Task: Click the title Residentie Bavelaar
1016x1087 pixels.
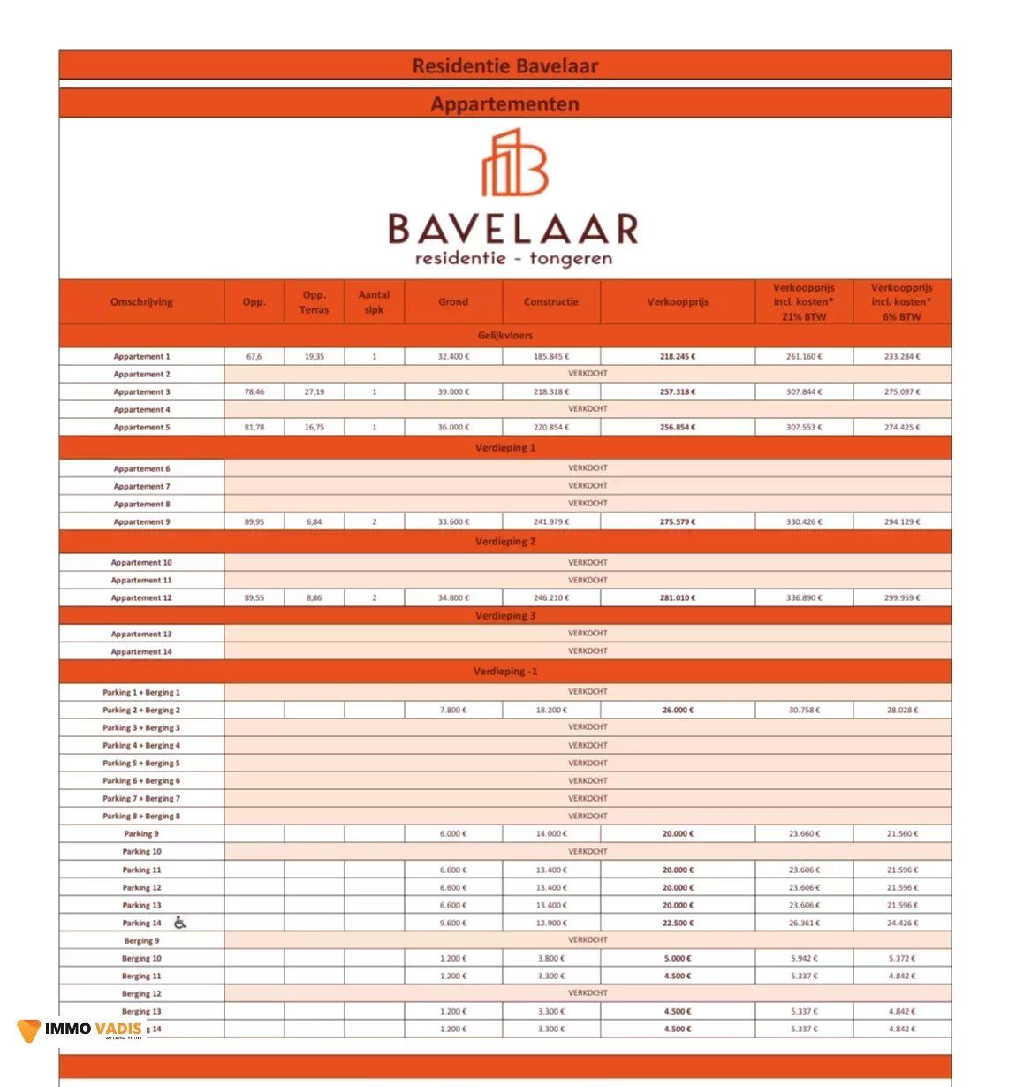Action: pos(504,66)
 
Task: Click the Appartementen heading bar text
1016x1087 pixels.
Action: pos(504,104)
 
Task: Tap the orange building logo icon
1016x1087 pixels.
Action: pos(514,163)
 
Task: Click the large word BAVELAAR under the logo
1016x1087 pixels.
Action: pos(512,229)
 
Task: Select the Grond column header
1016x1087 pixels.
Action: pos(453,302)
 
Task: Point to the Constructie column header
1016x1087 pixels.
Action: pos(550,302)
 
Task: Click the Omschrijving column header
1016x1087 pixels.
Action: pos(141,302)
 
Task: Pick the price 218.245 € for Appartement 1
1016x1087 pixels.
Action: pos(678,357)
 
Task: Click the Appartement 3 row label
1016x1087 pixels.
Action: pos(141,392)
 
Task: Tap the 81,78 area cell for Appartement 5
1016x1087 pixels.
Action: pos(254,428)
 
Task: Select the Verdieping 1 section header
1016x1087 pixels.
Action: pos(504,448)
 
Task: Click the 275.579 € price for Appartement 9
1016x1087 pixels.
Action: pos(678,522)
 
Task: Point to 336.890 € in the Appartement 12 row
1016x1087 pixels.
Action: pos(804,598)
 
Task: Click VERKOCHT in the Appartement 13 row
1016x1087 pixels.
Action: pos(588,634)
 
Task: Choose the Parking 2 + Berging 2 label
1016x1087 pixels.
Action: pos(141,711)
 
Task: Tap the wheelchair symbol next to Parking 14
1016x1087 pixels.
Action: pos(180,923)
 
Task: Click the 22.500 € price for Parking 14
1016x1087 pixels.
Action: pos(678,924)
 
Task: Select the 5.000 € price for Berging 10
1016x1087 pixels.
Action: pos(678,959)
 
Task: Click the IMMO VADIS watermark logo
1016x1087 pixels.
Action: pos(80,1030)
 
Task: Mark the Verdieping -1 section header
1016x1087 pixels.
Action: pos(504,672)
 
